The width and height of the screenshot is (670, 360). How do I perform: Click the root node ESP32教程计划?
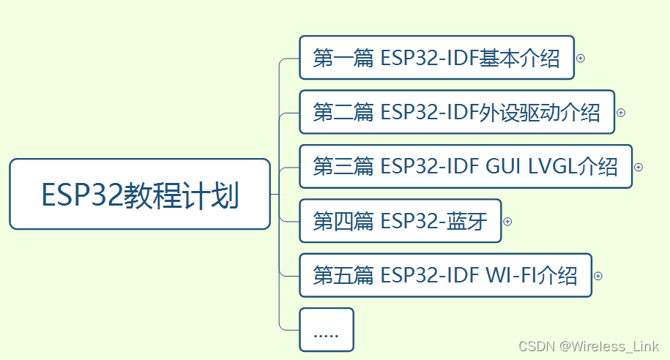point(140,194)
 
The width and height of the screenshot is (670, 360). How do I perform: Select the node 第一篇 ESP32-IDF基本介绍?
point(436,58)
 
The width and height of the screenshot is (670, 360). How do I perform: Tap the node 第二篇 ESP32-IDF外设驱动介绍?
point(457,112)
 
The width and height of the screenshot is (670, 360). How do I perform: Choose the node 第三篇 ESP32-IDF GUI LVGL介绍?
point(466,167)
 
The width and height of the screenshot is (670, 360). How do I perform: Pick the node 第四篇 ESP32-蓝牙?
point(401,221)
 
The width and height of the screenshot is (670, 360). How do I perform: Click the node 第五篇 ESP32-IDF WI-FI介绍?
point(446,275)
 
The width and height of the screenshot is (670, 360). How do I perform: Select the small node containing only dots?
point(327,330)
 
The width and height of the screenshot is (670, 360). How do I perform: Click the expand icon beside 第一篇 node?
point(580,58)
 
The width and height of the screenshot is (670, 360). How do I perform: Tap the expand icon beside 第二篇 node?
point(621,113)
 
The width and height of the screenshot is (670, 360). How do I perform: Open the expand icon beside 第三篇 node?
point(639,167)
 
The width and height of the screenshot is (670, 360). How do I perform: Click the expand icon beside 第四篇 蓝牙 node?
point(507,222)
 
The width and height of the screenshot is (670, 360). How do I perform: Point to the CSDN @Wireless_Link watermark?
point(589,346)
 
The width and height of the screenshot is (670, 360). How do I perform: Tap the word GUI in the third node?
point(503,166)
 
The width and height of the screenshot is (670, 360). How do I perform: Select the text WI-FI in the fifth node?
point(510,275)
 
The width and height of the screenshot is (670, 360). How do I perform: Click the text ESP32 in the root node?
point(82,195)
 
